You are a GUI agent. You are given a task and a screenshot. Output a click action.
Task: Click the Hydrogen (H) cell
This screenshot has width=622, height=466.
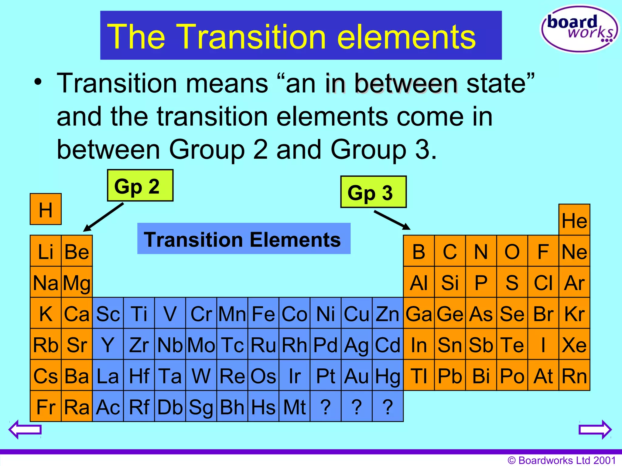point(46,209)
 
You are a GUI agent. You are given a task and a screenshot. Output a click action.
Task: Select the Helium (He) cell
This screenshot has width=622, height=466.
point(574,220)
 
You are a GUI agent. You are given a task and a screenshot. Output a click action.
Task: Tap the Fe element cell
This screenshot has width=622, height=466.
point(263,313)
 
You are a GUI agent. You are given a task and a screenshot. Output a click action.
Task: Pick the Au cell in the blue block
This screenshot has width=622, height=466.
point(357,375)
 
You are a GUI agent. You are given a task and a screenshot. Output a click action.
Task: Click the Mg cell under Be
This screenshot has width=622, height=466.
point(77,282)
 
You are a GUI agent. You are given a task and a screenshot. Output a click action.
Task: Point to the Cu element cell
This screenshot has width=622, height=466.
point(357,313)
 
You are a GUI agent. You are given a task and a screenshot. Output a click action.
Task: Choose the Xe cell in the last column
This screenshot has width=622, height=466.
point(574,344)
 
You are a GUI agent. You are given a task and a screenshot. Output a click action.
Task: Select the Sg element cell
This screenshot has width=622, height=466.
point(201,407)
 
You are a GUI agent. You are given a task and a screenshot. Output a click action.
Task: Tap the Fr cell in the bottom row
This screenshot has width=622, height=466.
point(46,407)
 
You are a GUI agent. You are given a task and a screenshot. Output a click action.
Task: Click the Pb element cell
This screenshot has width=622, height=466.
point(450,375)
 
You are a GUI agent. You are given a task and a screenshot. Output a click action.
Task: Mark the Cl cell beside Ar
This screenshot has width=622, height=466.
point(543,282)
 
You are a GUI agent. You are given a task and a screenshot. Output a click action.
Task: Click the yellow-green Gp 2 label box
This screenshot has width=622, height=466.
point(140,185)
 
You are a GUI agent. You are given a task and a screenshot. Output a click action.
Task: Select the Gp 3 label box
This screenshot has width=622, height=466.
point(373,192)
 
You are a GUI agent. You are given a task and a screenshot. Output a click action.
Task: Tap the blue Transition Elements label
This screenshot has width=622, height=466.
point(244,239)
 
